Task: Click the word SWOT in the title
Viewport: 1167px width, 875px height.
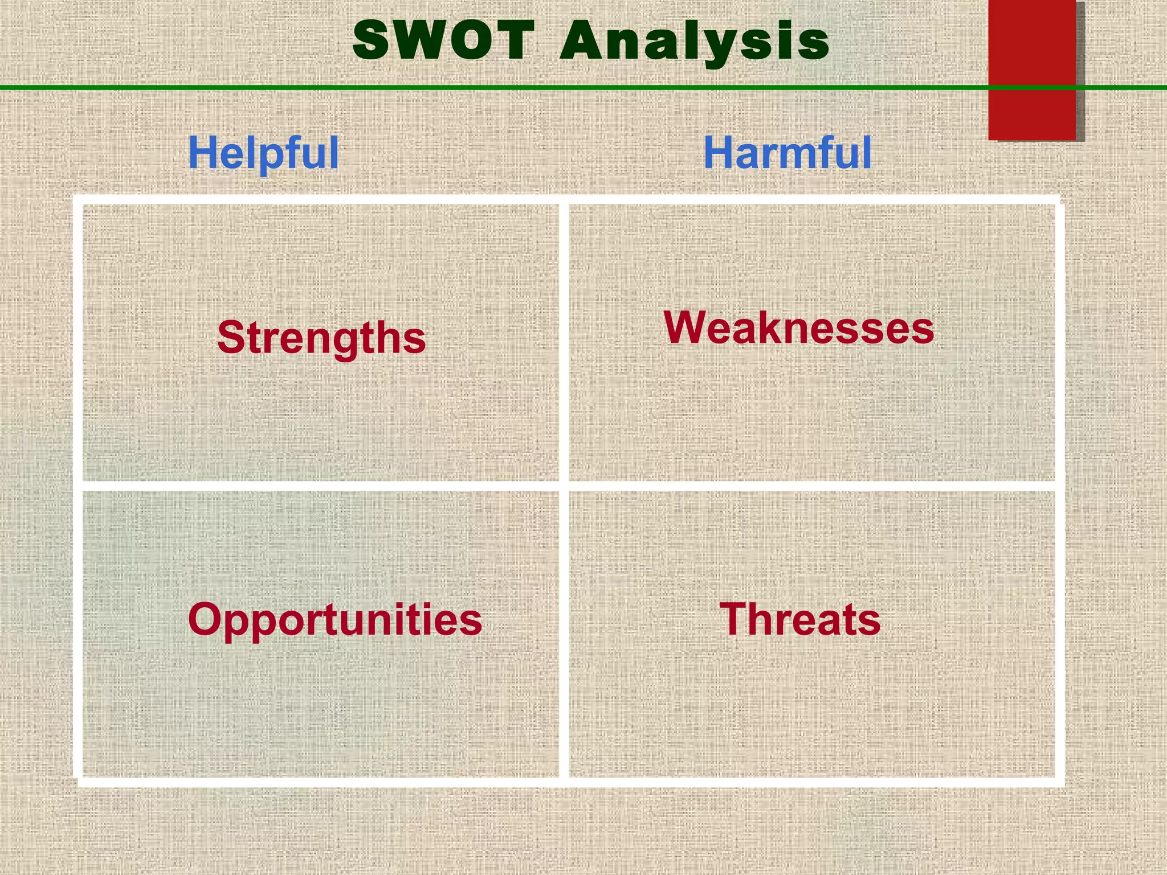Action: [x=444, y=40]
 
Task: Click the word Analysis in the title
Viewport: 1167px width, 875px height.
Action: [x=694, y=41]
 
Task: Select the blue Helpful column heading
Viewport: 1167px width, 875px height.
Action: [x=263, y=153]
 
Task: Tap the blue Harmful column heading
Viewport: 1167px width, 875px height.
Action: [x=787, y=153]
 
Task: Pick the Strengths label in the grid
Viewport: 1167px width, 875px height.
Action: [x=321, y=337]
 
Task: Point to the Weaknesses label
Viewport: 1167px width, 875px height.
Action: [x=799, y=328]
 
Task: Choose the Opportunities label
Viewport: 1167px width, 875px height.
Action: [x=335, y=620]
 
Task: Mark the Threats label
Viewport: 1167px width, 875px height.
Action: [x=800, y=619]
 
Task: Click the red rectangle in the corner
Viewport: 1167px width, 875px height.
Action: [x=1032, y=68]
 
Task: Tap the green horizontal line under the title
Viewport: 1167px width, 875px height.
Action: [x=228, y=87]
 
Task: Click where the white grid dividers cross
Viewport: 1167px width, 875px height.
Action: [x=564, y=486]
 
